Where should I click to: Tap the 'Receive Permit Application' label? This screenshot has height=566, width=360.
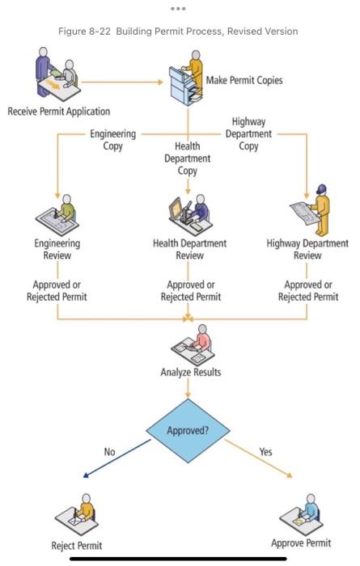[x=58, y=111]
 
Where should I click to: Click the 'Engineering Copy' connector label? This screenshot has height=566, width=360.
[x=112, y=140]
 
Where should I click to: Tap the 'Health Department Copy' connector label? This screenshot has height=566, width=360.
[x=187, y=159]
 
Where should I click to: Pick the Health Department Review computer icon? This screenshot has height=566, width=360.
[x=188, y=214]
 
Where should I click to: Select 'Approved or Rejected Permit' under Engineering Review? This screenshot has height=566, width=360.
[x=59, y=290]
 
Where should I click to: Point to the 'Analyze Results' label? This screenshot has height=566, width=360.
[x=188, y=373]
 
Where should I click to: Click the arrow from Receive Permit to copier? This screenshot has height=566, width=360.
[x=121, y=81]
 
